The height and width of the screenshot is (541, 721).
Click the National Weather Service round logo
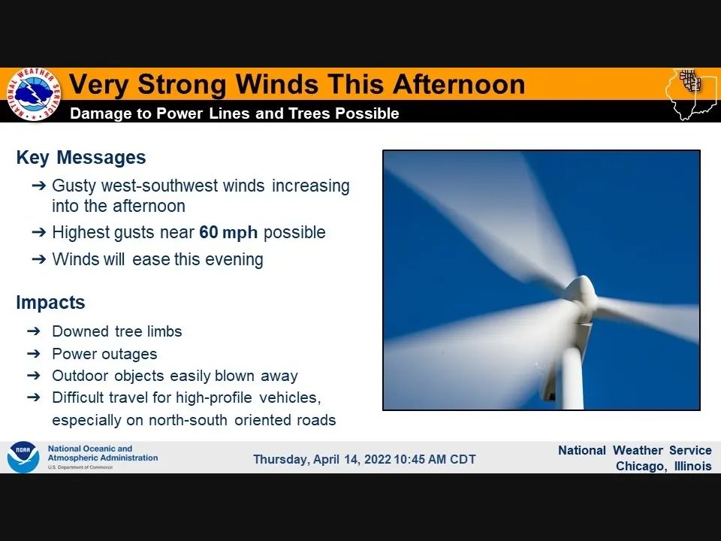pos(33,95)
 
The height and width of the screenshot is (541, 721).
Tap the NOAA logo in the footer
pos(23,457)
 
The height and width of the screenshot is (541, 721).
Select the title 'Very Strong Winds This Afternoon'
pos(297,84)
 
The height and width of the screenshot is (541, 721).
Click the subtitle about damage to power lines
pos(234,113)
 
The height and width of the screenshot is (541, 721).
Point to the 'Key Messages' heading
pos(81,158)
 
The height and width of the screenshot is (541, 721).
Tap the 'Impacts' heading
pos(50,303)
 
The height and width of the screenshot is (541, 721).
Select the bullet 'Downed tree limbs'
pos(116,331)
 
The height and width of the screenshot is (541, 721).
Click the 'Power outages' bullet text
pos(104,354)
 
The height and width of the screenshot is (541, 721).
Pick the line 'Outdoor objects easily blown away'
pos(174,376)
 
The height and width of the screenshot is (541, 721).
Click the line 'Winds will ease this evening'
pos(158,260)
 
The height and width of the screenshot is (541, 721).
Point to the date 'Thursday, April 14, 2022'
pos(322,460)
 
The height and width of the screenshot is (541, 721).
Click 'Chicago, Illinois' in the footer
pos(663,467)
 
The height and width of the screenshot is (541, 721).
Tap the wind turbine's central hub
pos(580,292)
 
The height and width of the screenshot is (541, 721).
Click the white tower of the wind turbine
pos(573,376)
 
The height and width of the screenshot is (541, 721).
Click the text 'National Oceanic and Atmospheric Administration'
pos(102,453)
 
